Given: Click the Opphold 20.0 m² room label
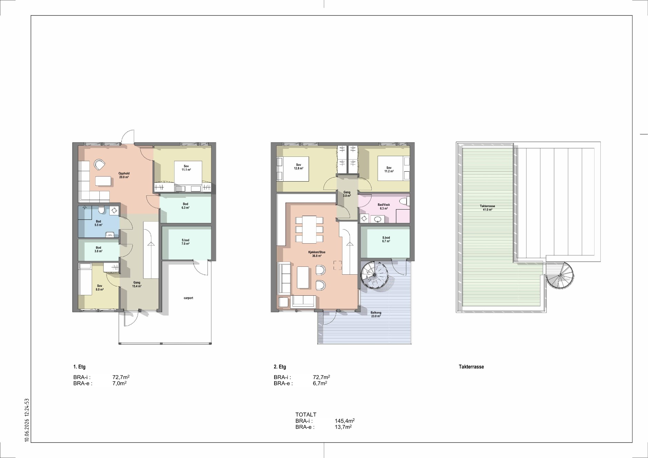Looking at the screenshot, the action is click(124, 175).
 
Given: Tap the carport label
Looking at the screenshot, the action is click(188, 298).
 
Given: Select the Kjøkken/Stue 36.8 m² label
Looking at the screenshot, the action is click(317, 254).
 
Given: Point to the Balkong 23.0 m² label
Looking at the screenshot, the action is click(376, 314).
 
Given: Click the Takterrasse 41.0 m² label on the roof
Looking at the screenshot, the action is click(487, 208).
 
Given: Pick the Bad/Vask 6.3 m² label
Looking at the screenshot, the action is click(384, 206).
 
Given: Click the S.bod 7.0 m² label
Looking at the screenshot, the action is click(186, 242).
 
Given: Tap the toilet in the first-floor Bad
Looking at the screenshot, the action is click(101, 210).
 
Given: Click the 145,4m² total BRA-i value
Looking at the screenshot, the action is click(345, 421).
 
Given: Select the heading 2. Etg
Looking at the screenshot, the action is click(280, 367).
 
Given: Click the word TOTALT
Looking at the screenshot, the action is click(306, 415).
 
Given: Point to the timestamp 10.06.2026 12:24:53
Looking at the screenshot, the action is click(27, 420).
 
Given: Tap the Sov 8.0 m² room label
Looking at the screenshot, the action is click(100, 288).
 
